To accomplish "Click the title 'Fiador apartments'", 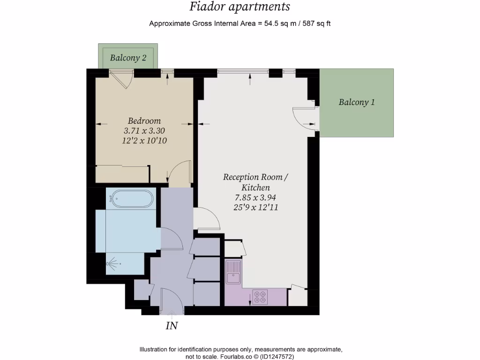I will (x=240, y=7).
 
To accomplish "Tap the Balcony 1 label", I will (x=357, y=102).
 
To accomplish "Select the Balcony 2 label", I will (x=128, y=58).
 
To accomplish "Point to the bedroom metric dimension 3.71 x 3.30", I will (x=145, y=131).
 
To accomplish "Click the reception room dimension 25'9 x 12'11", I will (x=256, y=207).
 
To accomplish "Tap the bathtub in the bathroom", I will (x=131, y=199).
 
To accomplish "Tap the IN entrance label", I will (x=172, y=326).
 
